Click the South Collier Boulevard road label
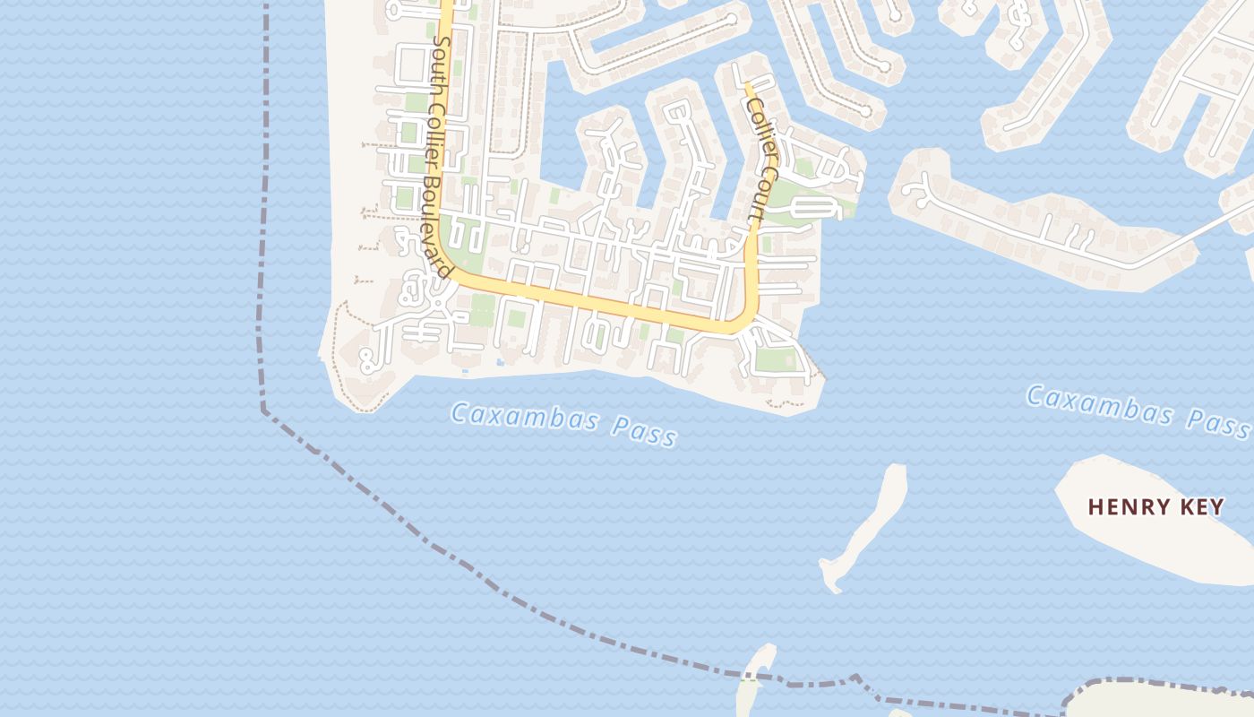(441, 157)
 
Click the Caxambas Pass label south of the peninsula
(563, 423)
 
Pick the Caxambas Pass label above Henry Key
(1138, 410)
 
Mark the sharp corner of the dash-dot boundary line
(263, 410)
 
